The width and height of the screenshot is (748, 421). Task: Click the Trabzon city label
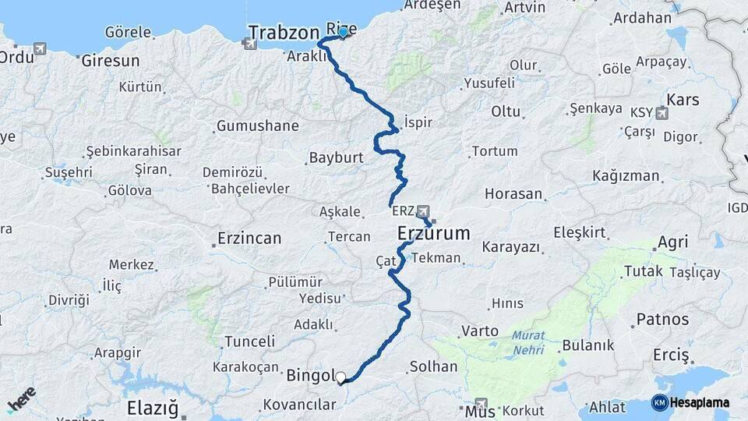coord(284,32)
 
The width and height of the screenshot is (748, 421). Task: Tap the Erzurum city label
coord(434,233)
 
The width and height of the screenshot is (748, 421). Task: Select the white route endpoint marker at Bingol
coord(340,378)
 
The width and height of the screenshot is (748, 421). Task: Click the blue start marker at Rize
coord(342,32)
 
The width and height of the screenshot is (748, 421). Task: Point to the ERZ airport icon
coord(423,211)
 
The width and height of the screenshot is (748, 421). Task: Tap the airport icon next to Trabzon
coord(250,44)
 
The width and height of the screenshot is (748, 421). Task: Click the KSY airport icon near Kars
coord(662,113)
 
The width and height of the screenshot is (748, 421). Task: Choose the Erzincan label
coord(249,239)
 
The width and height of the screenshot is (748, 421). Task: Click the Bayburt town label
coord(336,157)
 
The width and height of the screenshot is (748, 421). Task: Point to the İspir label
coord(418,122)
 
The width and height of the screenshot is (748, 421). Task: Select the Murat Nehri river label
coord(529,343)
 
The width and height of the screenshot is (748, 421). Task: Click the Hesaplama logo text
coord(700,402)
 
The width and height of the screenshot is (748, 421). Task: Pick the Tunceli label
coord(249,341)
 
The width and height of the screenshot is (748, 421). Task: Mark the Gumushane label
coord(257,126)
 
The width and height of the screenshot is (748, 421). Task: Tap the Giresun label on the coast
coord(111,60)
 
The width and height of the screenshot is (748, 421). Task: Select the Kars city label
coord(683,100)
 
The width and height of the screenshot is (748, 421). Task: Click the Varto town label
coord(480,331)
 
